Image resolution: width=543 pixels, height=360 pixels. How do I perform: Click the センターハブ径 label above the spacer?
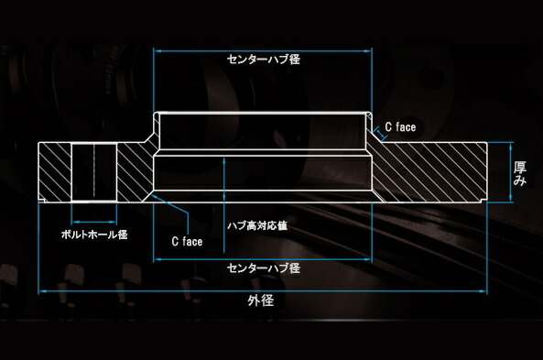[263, 59]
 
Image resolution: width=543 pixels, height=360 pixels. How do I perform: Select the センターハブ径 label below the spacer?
[263, 268]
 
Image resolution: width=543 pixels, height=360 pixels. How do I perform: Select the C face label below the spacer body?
[187, 242]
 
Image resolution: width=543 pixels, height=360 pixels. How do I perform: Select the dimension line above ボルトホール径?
[94, 221]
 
